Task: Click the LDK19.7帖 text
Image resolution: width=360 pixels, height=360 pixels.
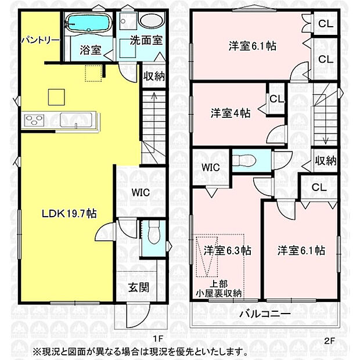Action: (x=69, y=213)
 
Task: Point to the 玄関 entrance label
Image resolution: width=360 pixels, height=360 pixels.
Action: (x=138, y=287)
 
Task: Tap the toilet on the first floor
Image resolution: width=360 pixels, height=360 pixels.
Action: (x=153, y=236)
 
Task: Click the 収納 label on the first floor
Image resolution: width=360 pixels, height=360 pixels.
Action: (x=154, y=75)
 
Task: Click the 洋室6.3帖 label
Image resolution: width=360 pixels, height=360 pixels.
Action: (x=227, y=251)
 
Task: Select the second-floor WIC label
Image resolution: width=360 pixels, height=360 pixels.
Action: (x=211, y=167)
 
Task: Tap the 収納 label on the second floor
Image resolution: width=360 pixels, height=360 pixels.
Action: (x=326, y=161)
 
